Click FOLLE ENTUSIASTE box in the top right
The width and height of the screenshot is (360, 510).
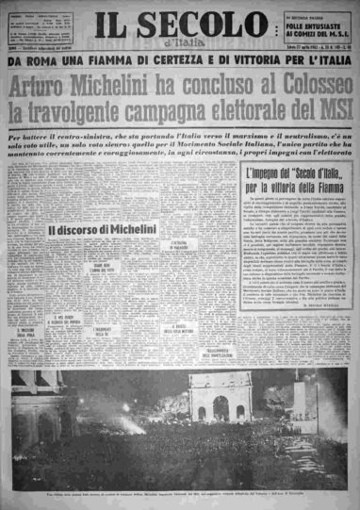(310, 26)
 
